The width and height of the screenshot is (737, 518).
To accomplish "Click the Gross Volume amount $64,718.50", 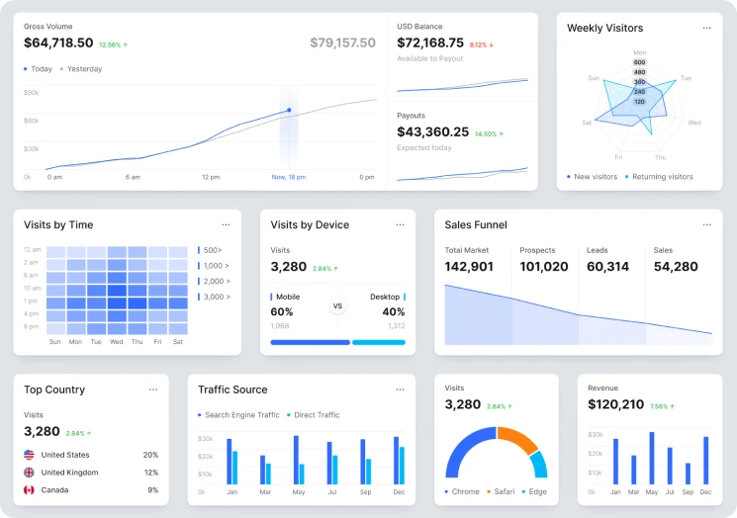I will tap(58, 43).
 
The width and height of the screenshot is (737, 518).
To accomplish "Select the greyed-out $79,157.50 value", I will tap(342, 43).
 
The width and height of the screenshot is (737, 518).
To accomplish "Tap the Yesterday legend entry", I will tap(83, 69).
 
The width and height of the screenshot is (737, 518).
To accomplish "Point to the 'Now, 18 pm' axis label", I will tap(289, 177).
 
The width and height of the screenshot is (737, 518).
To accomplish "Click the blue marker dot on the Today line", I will tap(289, 111).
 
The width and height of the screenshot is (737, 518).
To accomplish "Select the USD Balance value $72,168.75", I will tap(430, 43).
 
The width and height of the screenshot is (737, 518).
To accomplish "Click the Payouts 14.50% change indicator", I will tap(489, 133).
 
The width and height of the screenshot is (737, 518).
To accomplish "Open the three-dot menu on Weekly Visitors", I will tap(706, 28).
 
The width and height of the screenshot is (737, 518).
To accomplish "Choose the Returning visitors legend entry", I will tap(662, 177).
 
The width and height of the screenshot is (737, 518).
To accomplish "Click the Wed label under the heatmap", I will tap(116, 342).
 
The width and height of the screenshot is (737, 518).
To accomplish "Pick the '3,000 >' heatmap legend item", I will tap(215, 297).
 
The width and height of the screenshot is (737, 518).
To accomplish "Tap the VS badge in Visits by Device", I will tap(337, 306).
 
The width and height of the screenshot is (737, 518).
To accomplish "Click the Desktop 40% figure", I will tap(393, 312).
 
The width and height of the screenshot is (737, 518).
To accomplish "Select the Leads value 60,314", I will tap(607, 267).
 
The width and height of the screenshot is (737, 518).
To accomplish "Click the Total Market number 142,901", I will tap(469, 267).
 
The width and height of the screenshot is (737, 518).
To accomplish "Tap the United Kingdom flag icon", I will tap(30, 473).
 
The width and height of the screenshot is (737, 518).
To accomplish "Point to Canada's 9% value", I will tap(152, 489).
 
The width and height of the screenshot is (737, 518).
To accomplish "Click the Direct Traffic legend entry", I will tap(313, 415).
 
